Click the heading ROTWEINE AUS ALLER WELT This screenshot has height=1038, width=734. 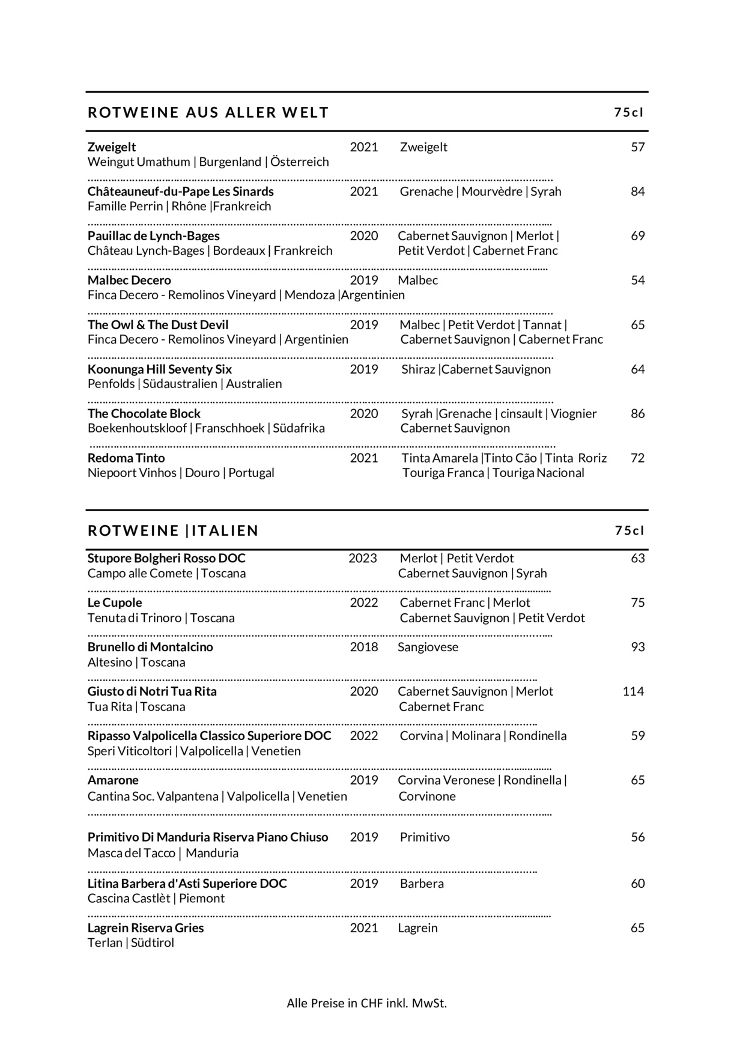(x=208, y=112)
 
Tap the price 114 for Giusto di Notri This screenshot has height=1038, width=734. (x=633, y=691)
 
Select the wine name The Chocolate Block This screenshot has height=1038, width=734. (x=144, y=414)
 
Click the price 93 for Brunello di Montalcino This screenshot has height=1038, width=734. (x=638, y=647)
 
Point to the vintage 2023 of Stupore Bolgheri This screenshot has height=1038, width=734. (x=363, y=558)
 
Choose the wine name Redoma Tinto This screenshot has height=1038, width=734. (x=126, y=458)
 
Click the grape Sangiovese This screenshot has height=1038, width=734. (x=428, y=647)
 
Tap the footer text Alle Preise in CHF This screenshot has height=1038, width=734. (x=366, y=1003)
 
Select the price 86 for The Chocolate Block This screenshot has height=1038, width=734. (x=638, y=414)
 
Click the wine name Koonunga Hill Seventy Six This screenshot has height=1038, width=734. (x=160, y=369)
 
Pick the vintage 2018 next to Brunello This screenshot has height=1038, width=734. (x=364, y=647)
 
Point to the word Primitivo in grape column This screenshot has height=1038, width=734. (x=425, y=837)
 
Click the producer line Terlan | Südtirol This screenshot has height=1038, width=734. (x=131, y=942)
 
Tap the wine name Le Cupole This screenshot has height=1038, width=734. (x=115, y=602)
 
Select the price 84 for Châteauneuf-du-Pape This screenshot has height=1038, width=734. (x=638, y=192)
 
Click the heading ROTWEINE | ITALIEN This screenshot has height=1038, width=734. (x=173, y=530)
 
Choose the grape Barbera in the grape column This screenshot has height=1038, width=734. (x=422, y=884)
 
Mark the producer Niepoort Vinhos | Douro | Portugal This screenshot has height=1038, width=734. (x=181, y=473)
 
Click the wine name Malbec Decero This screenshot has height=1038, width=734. (x=129, y=281)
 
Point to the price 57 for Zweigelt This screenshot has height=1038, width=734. (x=638, y=147)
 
